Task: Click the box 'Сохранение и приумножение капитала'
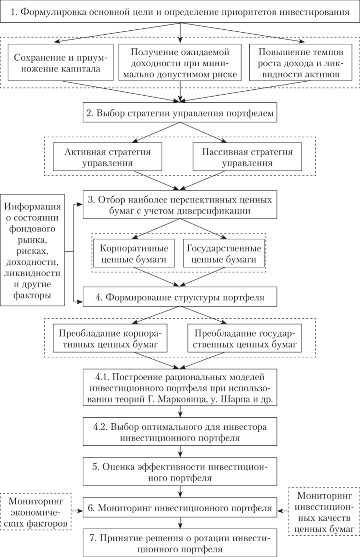pos(61,62)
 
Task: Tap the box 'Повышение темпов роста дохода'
pos(298,62)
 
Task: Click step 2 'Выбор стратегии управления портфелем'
pos(179,114)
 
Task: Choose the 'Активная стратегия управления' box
pos(108,156)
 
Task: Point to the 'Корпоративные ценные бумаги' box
pos(134,254)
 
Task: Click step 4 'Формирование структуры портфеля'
pos(179,298)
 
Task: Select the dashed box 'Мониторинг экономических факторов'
pos(35,510)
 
